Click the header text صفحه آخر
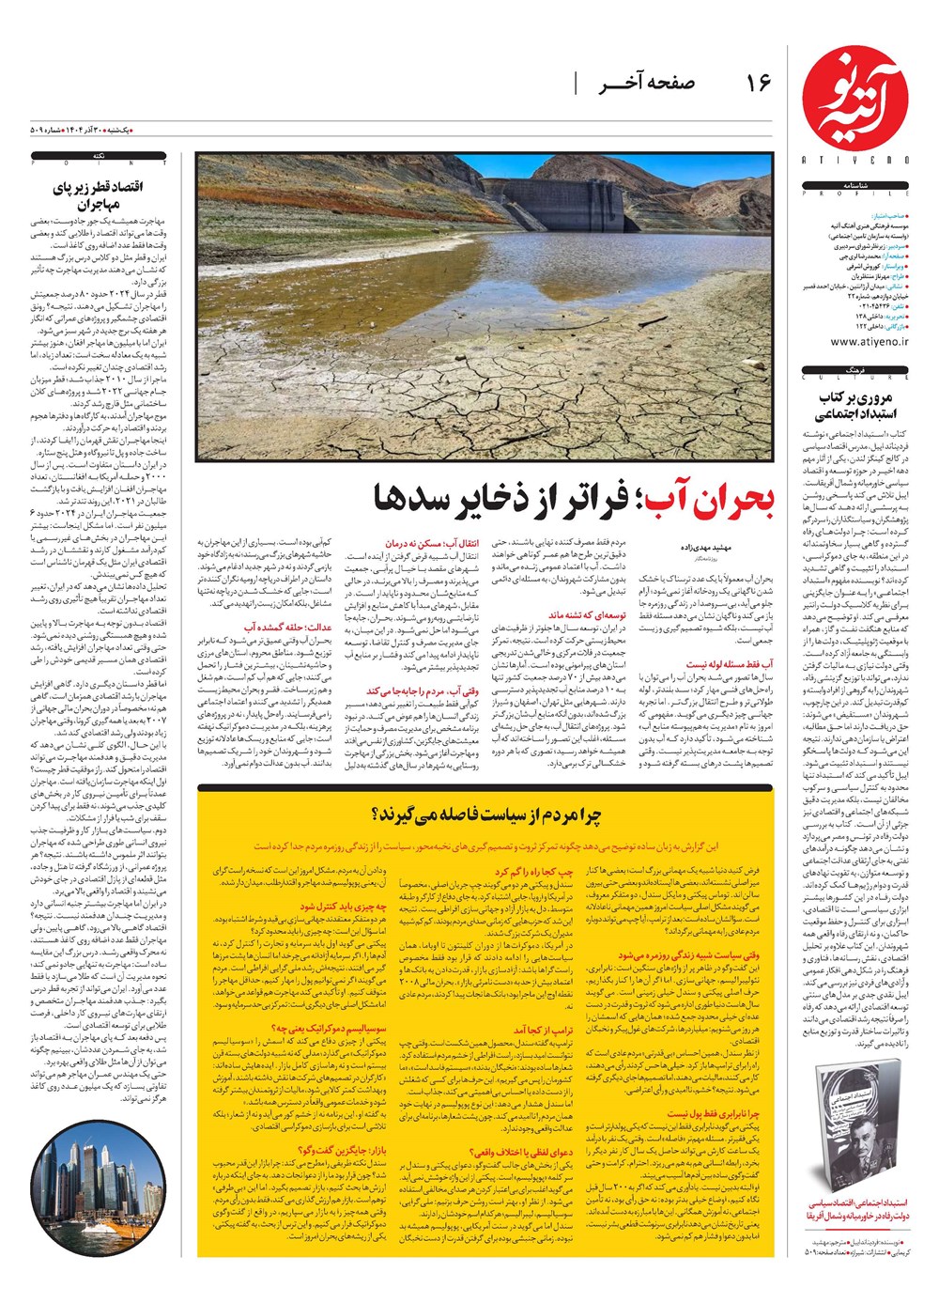click(648, 84)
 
